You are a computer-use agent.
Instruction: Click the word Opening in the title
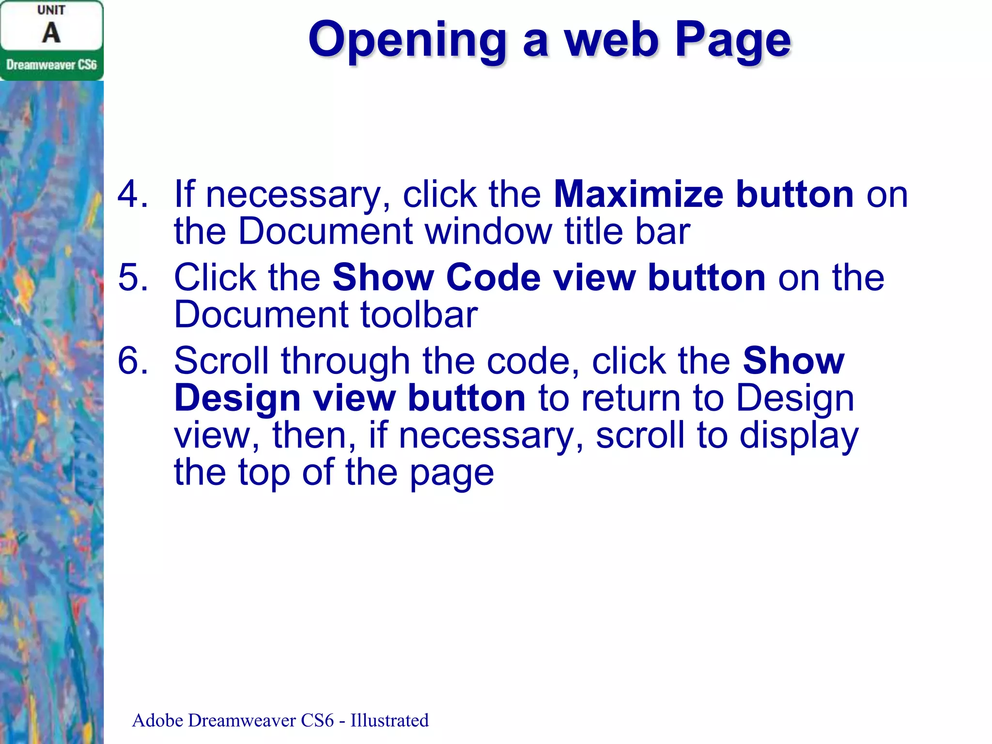pos(407,40)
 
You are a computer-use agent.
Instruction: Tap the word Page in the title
pos(733,40)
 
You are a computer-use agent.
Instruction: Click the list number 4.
pos(132,194)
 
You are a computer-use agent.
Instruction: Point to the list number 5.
pos(132,278)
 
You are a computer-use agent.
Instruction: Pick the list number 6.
pos(132,361)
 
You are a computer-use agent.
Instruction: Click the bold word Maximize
pos(638,194)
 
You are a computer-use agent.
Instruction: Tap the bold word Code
pos(493,278)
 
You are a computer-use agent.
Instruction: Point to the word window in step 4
pos(488,231)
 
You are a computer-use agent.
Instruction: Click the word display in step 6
pos(799,435)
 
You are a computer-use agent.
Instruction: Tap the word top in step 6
pos(264,472)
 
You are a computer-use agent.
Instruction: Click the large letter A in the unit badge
pos(51,33)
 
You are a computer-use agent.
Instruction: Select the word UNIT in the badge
pos(51,10)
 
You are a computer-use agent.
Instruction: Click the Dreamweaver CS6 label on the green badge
pos(51,65)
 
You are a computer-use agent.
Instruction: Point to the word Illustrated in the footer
pos(389,720)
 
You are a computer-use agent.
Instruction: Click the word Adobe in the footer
pos(157,720)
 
